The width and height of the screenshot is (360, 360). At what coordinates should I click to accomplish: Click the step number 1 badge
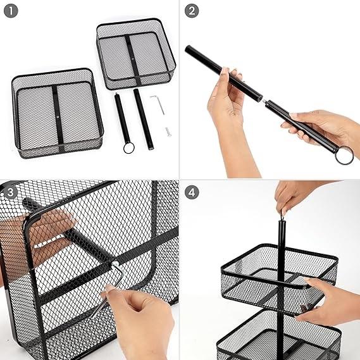pos(11,11)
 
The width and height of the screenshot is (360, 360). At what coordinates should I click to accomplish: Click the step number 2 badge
pos(192,11)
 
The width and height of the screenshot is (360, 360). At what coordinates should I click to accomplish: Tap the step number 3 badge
pos(11,192)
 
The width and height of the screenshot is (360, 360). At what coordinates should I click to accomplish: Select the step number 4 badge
pos(192,192)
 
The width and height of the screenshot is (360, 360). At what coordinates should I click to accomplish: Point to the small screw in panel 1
pos(168,132)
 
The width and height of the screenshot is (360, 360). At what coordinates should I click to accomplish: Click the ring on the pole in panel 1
pos(128,148)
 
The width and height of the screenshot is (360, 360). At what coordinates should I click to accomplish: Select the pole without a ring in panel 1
pos(144,119)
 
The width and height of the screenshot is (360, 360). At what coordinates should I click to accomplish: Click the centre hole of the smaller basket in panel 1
pos(133,59)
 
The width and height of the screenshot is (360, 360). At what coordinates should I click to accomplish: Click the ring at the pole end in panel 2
pos(344,155)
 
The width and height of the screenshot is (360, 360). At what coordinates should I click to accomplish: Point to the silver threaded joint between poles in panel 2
pos(264,101)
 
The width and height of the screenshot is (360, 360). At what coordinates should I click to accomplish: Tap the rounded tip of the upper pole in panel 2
pos(187,49)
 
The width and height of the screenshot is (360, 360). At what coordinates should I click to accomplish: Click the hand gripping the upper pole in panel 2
pos(226,96)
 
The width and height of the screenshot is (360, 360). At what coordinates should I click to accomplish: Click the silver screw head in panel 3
pos(115,264)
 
